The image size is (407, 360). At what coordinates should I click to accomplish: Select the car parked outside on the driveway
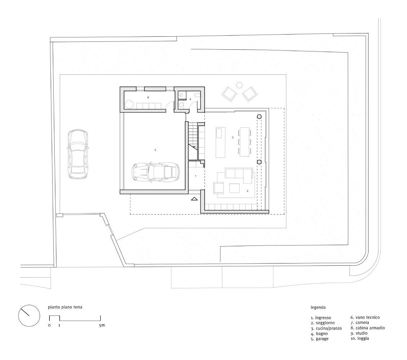tap(77, 154)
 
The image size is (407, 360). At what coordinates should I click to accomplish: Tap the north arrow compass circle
tap(29, 315)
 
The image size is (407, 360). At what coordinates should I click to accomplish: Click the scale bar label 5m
tap(102, 325)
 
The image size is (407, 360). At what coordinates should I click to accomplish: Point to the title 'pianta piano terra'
tap(65, 307)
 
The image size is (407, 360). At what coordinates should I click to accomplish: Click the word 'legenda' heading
tap(318, 307)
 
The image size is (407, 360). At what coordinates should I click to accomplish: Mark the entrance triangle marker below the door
tap(194, 199)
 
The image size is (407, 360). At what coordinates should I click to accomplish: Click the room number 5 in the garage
tap(155, 150)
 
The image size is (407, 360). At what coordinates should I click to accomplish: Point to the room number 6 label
tap(148, 98)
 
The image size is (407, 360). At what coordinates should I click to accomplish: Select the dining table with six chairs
tap(245, 141)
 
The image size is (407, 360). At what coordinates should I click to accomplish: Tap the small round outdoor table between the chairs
tap(239, 85)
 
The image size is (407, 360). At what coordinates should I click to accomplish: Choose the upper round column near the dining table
tap(259, 117)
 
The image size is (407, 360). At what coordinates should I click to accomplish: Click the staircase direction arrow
tap(193, 148)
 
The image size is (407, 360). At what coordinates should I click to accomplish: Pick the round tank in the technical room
tap(129, 105)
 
